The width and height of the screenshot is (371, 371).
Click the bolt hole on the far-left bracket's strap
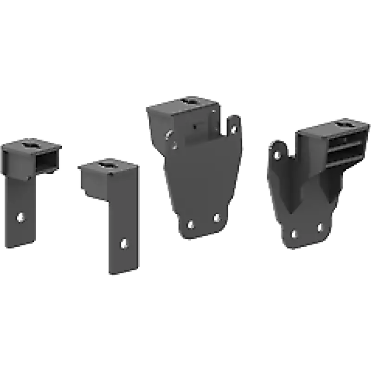[x=20, y=216]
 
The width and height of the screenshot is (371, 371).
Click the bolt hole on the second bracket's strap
[x=123, y=243]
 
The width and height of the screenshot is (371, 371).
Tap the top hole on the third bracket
[x=191, y=100]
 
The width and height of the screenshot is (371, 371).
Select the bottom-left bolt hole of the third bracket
[x=190, y=225]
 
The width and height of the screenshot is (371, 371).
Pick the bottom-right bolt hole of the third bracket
[x=216, y=217]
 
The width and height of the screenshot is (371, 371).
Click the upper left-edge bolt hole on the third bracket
[x=170, y=134]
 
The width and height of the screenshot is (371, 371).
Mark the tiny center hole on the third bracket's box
[x=195, y=126]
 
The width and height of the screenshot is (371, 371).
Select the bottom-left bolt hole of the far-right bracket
[x=293, y=232]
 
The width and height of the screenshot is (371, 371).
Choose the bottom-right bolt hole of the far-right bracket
[x=320, y=227]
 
